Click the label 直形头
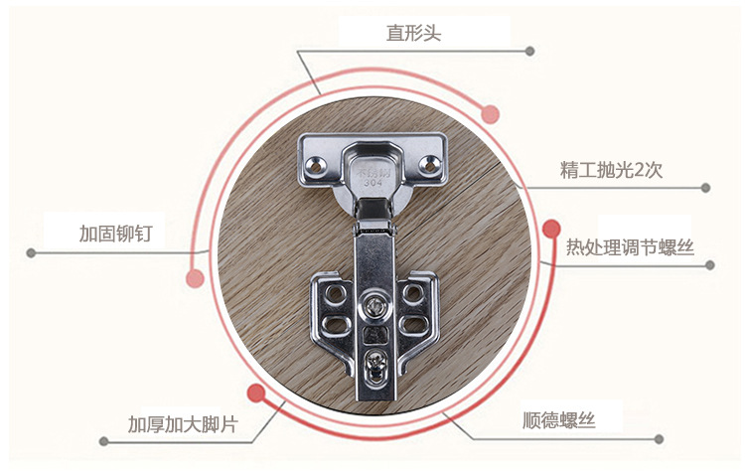tap(413, 34)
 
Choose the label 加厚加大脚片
tap(182, 424)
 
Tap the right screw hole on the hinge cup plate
tap(432, 161)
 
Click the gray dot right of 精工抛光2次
tap(706, 187)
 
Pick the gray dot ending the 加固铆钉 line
tap(31, 251)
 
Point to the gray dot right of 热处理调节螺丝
tap(710, 265)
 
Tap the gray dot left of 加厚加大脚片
tap(102, 439)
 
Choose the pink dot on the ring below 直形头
tap(490, 114)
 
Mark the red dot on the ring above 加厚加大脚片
tap(256, 393)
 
